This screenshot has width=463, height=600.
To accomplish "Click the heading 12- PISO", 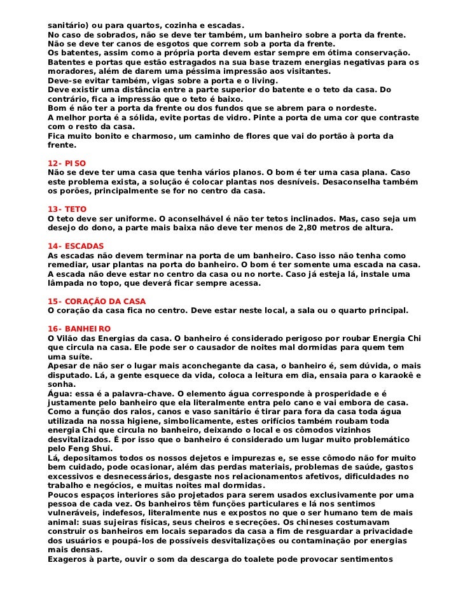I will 67,164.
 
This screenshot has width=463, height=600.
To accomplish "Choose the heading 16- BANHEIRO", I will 79,328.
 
